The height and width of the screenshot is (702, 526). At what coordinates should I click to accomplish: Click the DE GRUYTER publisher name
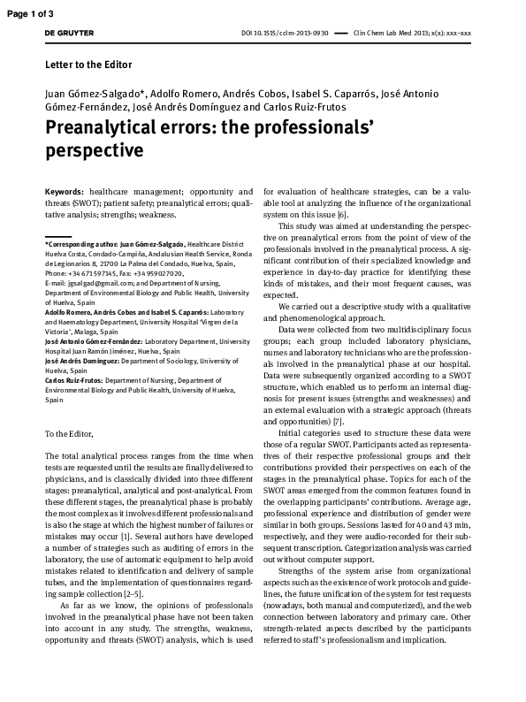click(68, 33)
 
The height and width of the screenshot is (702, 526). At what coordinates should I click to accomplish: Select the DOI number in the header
click(285, 33)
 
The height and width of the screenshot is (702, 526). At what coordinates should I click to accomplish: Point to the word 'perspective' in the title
click(94, 150)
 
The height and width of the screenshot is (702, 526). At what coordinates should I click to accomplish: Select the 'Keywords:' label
click(65, 191)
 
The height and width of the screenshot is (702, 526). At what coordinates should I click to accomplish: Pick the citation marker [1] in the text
click(126, 536)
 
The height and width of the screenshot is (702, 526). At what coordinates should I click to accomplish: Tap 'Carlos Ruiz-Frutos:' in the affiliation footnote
click(73, 380)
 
